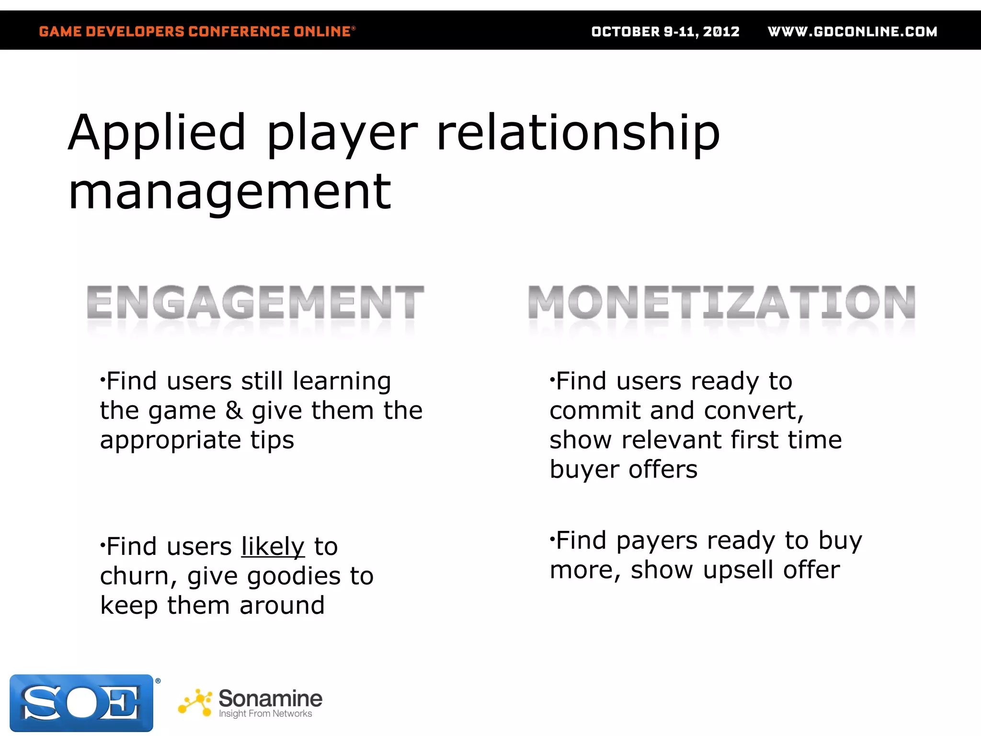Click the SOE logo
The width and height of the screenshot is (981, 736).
click(81, 702)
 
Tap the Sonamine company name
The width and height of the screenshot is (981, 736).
click(270, 698)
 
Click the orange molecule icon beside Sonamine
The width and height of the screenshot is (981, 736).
click(195, 702)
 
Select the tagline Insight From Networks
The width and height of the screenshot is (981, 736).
click(265, 713)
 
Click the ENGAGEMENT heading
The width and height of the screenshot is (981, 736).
click(255, 302)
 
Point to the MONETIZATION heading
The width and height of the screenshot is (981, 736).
click(721, 302)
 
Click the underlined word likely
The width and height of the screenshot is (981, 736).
click(273, 546)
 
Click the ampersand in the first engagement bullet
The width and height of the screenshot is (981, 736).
click(234, 411)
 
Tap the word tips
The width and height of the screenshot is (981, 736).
click(272, 441)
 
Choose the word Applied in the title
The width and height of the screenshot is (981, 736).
click(157, 133)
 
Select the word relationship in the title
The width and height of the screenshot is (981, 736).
click(578, 133)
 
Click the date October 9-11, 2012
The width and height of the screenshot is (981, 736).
click(665, 32)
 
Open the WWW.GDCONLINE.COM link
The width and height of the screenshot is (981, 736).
click(852, 32)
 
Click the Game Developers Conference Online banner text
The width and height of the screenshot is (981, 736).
click(197, 32)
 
